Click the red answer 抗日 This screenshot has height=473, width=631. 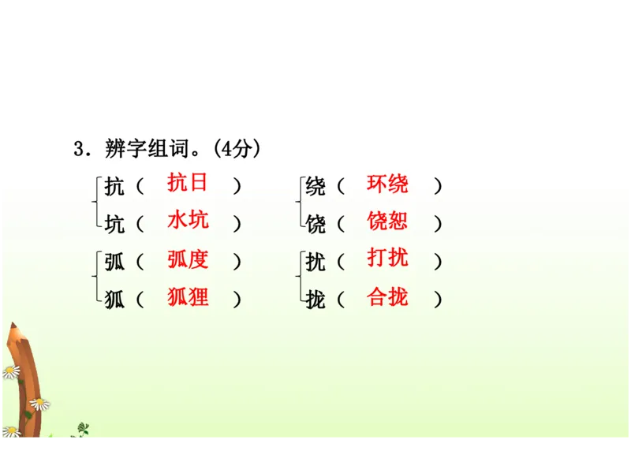point(188,183)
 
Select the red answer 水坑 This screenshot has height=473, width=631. point(188,220)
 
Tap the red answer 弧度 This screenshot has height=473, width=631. point(188,259)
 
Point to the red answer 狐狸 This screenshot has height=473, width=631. point(188,297)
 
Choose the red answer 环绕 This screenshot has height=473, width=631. point(387,184)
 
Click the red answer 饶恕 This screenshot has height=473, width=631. point(387,221)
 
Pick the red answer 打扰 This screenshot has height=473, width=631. point(387,258)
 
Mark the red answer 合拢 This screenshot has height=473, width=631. point(387,297)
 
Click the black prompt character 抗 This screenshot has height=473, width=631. point(114,188)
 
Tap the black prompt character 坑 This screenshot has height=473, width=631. point(114,225)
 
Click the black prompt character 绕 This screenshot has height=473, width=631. point(315,188)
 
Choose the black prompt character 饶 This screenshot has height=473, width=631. point(315,225)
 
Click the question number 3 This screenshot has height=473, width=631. point(78,149)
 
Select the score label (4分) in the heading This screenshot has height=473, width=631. point(237,148)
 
